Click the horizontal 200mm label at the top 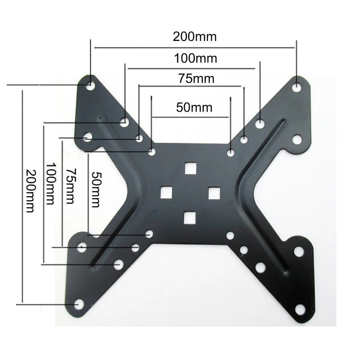pyautogui.click(x=194, y=37)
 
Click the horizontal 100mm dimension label pyautogui.click(x=195, y=58)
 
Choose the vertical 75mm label pyautogui.click(x=71, y=186)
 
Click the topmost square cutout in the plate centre pyautogui.click(x=191, y=168)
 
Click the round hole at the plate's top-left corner pyautogui.click(x=91, y=84)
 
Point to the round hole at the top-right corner pyautogui.click(x=297, y=86)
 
